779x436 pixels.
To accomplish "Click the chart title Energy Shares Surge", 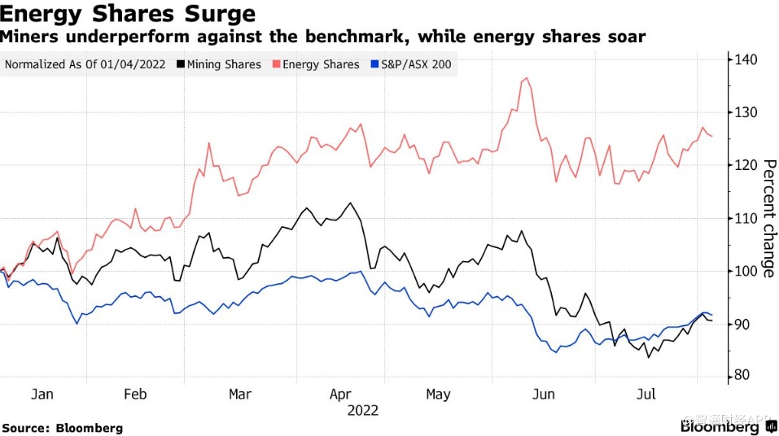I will click(128, 14).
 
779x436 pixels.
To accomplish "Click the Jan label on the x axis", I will click(42, 395).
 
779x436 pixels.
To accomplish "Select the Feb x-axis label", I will click(135, 395).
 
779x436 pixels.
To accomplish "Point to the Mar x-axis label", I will click(240, 395).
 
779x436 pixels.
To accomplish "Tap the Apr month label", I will click(340, 395).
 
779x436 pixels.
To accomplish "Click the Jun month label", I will click(543, 395).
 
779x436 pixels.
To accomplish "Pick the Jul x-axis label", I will click(646, 395).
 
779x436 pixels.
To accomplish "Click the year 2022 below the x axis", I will click(363, 411).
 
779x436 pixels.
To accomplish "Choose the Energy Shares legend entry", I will click(321, 64).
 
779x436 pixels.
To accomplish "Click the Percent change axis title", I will click(768, 218).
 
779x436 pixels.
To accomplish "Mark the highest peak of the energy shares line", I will click(527, 78).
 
